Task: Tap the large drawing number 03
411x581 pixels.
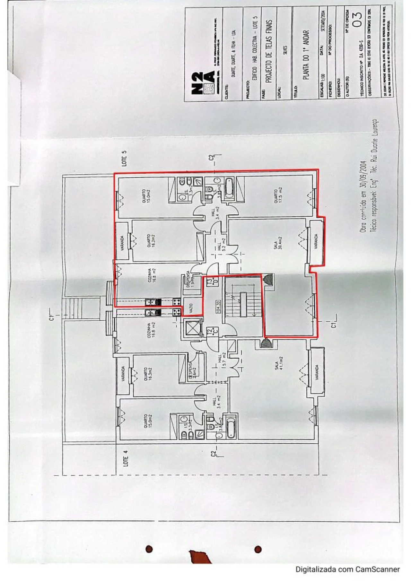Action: click(357, 19)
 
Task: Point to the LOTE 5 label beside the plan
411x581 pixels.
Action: click(124, 158)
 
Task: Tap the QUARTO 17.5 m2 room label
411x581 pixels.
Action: click(278, 195)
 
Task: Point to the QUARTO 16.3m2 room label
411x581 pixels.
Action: click(148, 374)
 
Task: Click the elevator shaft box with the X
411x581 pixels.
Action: click(192, 328)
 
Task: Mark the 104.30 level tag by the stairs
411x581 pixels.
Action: click(218, 307)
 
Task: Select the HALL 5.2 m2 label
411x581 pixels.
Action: click(222, 245)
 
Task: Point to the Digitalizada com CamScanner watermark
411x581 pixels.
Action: click(347, 569)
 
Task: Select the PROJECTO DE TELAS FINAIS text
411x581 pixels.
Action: click(269, 52)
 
